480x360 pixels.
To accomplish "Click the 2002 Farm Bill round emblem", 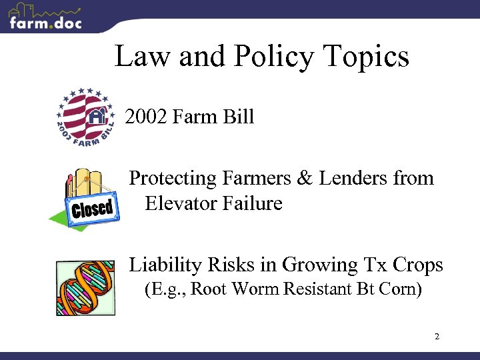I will tap(85, 117).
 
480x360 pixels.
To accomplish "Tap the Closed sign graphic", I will tap(91, 209).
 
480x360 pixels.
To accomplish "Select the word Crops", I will tap(417, 265).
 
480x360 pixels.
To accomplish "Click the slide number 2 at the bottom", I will tap(437, 337).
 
